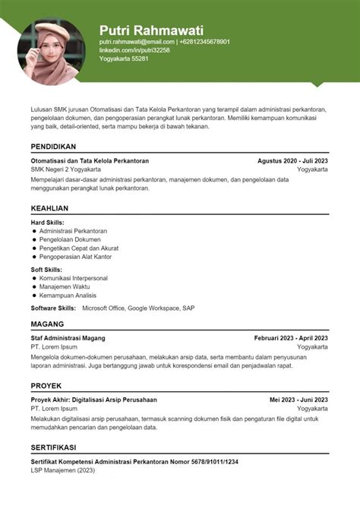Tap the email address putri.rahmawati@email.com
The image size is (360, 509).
click(x=137, y=42)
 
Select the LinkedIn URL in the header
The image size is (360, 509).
click(x=134, y=50)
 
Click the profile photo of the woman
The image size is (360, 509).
click(x=51, y=52)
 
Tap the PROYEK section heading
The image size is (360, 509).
click(x=46, y=386)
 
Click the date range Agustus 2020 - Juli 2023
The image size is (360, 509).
click(x=292, y=161)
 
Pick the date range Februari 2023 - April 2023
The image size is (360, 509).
click(x=291, y=338)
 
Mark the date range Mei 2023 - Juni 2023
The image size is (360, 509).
click(x=298, y=400)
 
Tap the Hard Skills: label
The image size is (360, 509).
click(x=47, y=222)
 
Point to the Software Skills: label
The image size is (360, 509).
click(x=53, y=308)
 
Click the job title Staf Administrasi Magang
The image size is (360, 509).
click(x=68, y=338)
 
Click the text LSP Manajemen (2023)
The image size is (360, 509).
click(x=62, y=469)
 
